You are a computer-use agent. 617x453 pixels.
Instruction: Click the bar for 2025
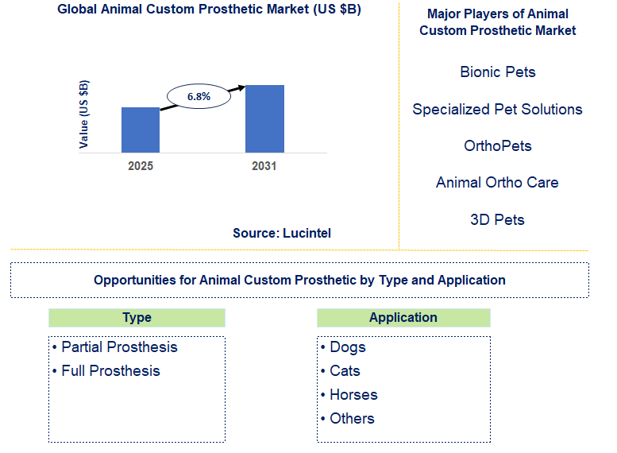tap(141, 130)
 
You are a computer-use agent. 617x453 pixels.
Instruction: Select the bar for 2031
tap(264, 118)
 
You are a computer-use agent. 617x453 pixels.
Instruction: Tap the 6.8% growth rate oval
tap(199, 96)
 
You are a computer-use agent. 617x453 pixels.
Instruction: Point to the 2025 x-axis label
tap(141, 166)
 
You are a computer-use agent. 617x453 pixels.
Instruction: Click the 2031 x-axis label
tap(264, 166)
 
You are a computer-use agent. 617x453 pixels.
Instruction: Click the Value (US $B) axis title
tap(84, 114)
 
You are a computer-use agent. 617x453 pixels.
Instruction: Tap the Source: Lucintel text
tap(282, 233)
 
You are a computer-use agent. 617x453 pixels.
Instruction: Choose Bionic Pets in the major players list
tap(498, 72)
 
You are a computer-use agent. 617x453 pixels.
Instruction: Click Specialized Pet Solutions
tap(498, 110)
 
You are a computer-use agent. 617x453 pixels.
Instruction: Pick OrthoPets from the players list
tap(498, 146)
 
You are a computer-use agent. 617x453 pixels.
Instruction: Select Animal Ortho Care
tap(498, 183)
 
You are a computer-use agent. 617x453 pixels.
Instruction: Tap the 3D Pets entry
tap(498, 219)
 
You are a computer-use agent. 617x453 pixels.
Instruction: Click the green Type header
tap(137, 318)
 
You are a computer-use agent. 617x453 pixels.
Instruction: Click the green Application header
tap(403, 318)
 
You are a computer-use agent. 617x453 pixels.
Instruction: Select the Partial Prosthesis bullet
tap(114, 347)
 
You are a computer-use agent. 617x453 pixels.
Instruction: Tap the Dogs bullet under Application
tap(343, 347)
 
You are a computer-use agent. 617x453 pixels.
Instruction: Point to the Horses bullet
tap(349, 395)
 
